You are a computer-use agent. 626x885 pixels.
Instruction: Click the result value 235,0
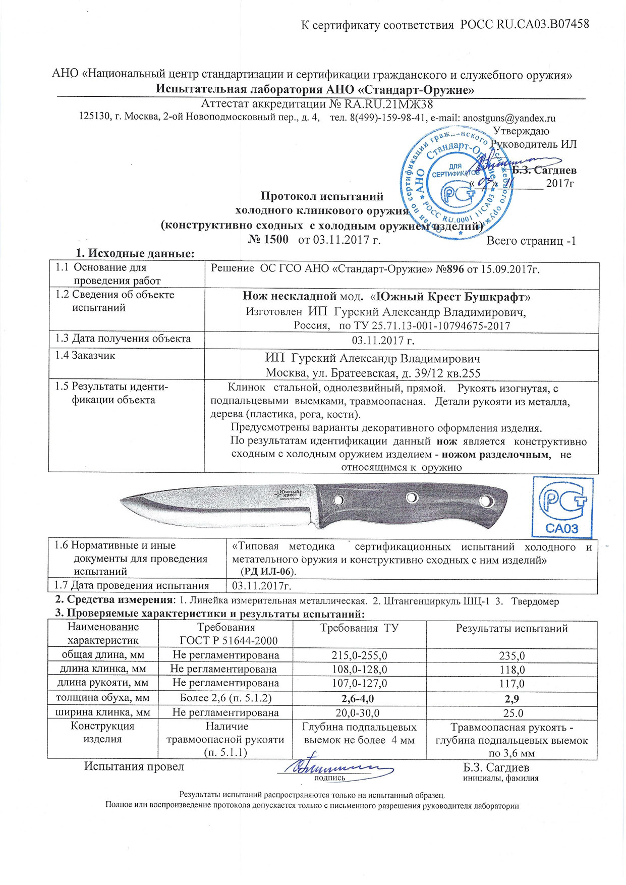512,655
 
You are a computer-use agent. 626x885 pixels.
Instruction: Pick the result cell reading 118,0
512,670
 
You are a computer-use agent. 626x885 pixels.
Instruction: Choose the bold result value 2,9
512,699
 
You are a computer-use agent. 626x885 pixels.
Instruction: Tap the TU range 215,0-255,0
359,655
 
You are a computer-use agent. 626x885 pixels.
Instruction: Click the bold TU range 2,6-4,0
359,699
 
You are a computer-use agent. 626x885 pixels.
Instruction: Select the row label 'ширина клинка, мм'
103,712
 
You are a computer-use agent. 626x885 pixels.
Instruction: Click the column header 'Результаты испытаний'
512,629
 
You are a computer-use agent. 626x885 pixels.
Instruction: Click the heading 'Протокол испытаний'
322,196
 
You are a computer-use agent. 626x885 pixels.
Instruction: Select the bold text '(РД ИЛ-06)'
268,572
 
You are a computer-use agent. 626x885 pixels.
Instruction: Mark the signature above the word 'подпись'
335,767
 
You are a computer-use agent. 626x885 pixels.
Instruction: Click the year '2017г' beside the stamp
560,184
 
